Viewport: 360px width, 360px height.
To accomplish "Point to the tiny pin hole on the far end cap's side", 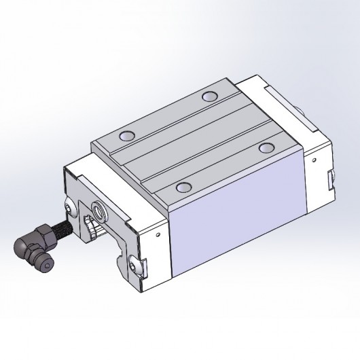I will [x=314, y=157].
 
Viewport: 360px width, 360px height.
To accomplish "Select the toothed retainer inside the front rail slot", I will [x=90, y=228].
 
